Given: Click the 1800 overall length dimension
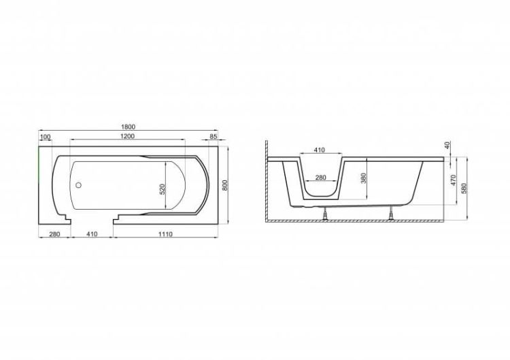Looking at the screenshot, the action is tap(128, 127).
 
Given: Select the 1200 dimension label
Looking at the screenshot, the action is tap(128, 136).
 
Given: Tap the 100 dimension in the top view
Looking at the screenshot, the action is tap(45, 137).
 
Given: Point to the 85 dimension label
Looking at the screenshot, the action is tap(213, 137).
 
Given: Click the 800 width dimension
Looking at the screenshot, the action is tap(225, 185).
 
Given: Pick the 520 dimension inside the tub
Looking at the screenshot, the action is tap(163, 189).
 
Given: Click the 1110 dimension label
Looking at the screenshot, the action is tap(165, 234).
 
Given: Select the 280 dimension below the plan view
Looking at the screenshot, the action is tap(54, 234).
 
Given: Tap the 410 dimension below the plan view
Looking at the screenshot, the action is tap(92, 234).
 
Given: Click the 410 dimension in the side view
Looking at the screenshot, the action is tap(320, 150).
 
